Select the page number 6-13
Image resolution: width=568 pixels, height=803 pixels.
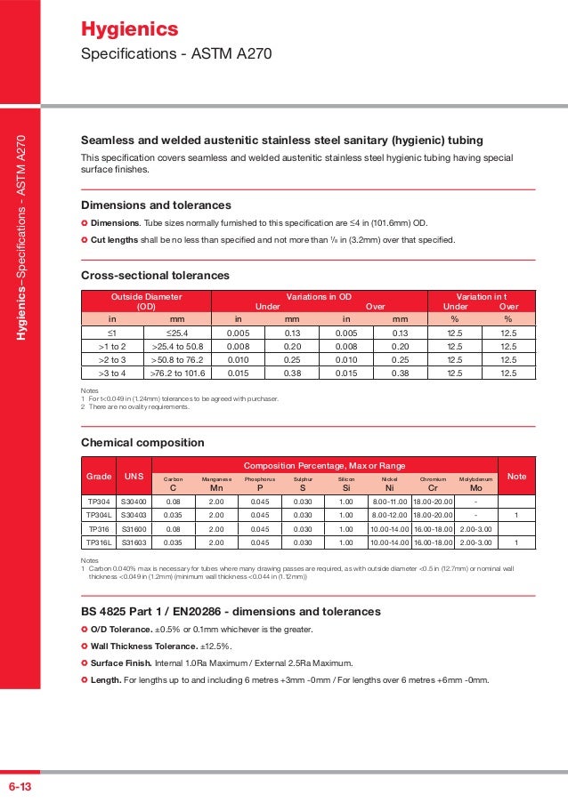(x=20, y=787)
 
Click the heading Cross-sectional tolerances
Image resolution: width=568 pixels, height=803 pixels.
(x=155, y=275)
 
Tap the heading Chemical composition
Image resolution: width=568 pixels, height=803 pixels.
(x=137, y=442)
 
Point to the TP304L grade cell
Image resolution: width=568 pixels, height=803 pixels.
(x=99, y=513)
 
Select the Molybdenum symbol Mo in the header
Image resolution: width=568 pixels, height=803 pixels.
(x=475, y=487)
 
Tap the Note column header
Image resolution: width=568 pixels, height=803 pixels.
(x=516, y=478)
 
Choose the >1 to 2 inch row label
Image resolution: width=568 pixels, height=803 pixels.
(x=113, y=346)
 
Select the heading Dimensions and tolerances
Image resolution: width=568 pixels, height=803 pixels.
(x=156, y=205)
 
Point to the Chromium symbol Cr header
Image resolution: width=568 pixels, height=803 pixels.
(x=433, y=487)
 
